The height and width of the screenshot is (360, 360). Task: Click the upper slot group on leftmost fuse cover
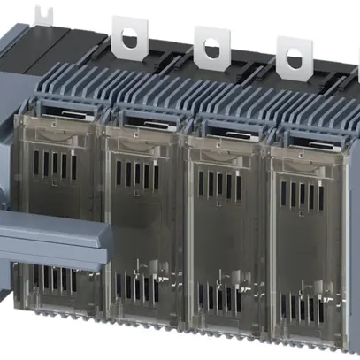tap(60, 166)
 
